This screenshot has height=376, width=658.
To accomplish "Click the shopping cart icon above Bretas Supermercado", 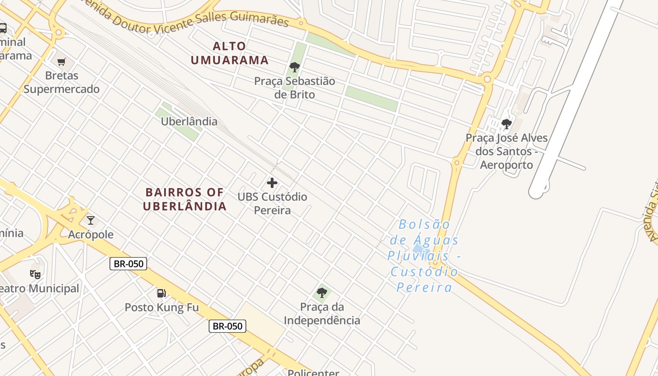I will coord(62,62).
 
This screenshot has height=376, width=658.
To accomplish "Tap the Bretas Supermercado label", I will coord(62,82).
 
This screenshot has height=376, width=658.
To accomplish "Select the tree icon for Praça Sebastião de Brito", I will coord(295,67).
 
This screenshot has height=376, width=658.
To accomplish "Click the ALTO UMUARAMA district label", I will coord(229,53).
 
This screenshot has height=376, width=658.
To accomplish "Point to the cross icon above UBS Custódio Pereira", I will coord(272,183).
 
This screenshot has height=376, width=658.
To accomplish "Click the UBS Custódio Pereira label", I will coord(272,204).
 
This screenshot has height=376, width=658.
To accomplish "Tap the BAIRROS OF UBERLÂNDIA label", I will coord(185,199).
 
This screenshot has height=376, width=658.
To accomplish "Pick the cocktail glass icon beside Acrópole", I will coord(91,220).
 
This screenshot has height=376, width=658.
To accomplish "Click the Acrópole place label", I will coord(91,235).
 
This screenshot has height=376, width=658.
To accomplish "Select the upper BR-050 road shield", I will coord(128,264).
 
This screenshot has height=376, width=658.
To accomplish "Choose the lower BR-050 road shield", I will coord(227,326).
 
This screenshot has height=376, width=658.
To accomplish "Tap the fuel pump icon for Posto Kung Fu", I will coord(161,293).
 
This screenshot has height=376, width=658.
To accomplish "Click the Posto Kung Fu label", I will coord(161,308).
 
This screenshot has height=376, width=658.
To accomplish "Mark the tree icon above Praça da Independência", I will coord(322,293).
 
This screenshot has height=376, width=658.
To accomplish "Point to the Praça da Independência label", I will coord(322,314).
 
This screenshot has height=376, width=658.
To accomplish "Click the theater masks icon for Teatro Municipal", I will coord(35,274).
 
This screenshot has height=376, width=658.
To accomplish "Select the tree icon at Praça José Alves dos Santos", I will coord(507,124).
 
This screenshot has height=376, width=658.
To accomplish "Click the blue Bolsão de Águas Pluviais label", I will coord(424,256).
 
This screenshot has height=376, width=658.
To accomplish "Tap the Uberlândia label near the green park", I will coord(189,122).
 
